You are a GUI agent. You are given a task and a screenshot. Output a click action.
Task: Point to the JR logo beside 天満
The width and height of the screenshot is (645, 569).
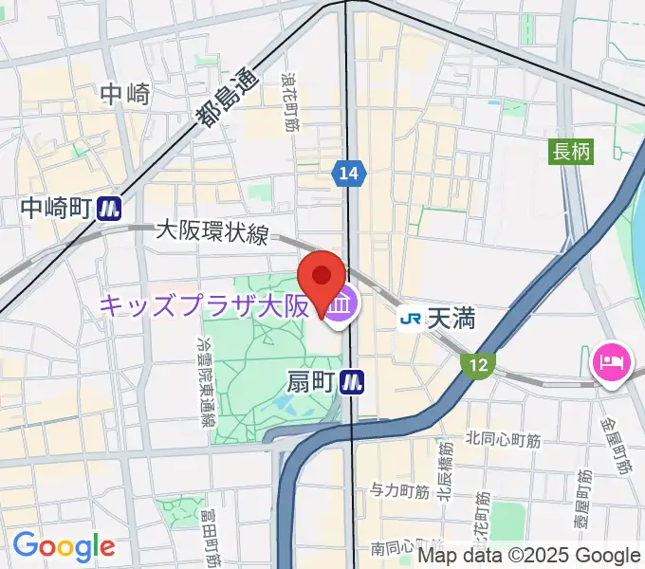(411, 319)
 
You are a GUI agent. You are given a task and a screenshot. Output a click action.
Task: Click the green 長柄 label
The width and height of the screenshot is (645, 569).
(572, 150)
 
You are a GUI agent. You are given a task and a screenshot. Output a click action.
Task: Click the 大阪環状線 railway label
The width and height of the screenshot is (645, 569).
(212, 231)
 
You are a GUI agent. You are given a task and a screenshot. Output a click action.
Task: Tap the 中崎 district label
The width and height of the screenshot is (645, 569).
(125, 94)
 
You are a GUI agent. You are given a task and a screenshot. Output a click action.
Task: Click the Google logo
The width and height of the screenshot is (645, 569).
(64, 545)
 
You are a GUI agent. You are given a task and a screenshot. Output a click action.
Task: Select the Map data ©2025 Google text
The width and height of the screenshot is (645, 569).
(529, 556)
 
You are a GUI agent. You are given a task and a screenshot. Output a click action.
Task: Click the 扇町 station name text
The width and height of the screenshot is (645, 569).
(311, 381)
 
